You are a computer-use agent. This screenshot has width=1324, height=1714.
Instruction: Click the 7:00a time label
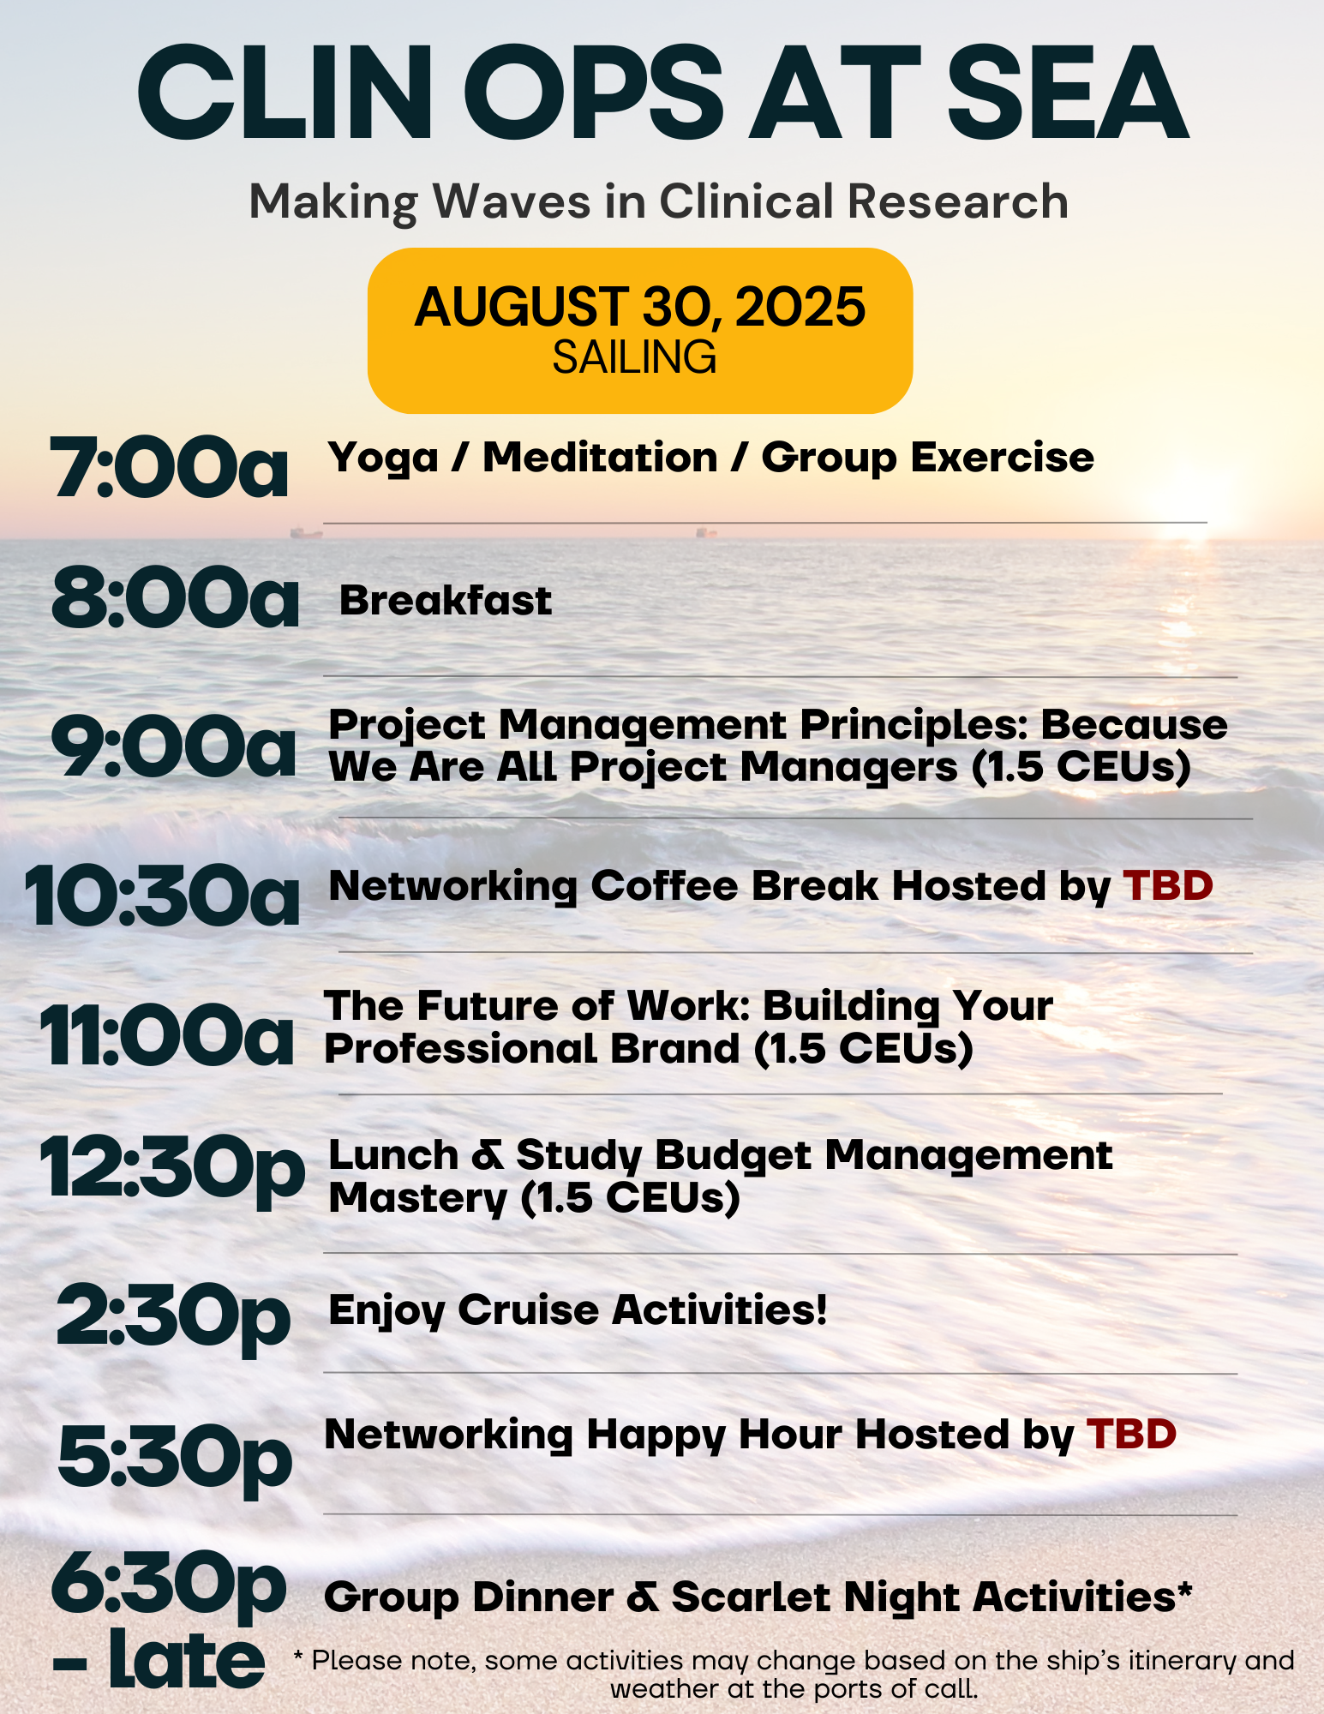click(x=170, y=467)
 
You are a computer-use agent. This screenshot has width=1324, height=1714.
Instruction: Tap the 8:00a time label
click(x=176, y=598)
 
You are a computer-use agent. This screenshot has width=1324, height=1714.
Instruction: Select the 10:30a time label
click(x=163, y=895)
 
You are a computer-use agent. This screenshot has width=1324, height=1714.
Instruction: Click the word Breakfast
click(x=446, y=600)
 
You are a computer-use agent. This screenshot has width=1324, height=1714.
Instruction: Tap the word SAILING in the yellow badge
click(x=634, y=357)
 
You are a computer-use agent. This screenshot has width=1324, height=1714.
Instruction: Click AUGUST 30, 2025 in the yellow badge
click(x=640, y=307)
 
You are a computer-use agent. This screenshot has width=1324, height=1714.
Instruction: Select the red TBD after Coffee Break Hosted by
click(x=1168, y=885)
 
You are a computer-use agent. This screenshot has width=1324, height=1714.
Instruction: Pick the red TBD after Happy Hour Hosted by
click(x=1131, y=1434)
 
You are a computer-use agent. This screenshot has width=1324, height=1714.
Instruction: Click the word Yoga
click(x=383, y=458)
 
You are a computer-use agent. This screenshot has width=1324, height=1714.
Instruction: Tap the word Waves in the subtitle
click(x=512, y=201)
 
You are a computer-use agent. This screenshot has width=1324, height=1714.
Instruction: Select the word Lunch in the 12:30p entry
click(x=394, y=1154)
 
